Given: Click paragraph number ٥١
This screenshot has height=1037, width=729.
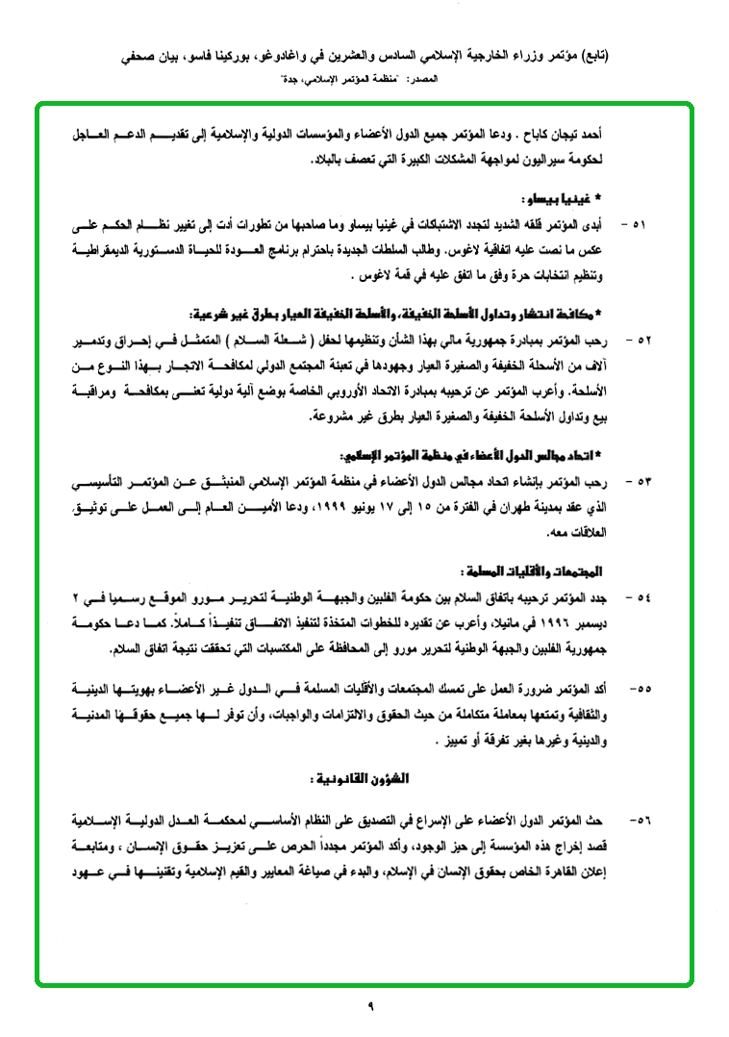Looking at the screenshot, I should [637, 225].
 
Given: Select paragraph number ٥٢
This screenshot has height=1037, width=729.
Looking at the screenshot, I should [637, 341].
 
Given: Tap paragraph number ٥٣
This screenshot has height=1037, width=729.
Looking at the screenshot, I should [637, 479].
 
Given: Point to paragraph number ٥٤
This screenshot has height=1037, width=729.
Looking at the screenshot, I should [637, 597].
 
